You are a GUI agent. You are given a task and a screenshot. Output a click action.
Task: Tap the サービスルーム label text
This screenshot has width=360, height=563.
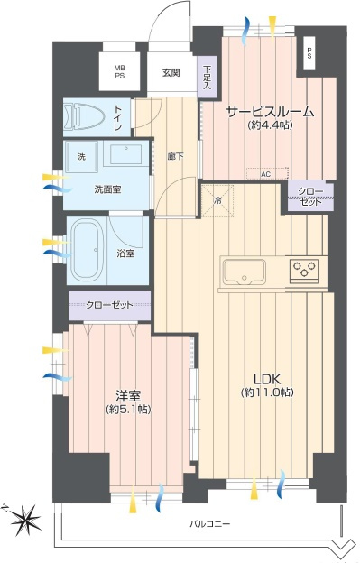[x=269, y=112]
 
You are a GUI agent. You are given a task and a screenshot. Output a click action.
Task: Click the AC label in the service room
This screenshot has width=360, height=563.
[x=265, y=173]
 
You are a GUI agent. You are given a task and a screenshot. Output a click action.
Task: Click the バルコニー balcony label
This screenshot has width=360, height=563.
[x=210, y=523]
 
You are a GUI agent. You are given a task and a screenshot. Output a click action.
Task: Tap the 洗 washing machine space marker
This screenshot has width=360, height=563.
[x=80, y=158]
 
